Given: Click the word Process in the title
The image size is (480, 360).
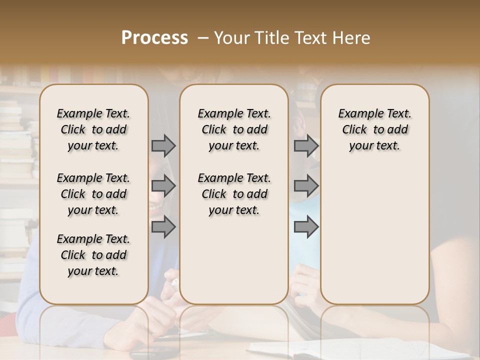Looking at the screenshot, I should coord(154,38).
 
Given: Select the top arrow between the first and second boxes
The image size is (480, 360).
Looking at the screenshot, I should coord(163,146).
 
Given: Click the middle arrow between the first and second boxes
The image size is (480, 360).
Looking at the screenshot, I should coord(163,186).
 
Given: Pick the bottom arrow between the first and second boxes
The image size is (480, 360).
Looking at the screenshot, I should coord(163,227).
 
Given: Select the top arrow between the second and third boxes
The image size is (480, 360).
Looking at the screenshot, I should coord(306,146).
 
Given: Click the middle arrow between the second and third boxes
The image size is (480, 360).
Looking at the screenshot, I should coord(306,186).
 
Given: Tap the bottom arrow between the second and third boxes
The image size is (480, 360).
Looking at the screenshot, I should coord(306,227).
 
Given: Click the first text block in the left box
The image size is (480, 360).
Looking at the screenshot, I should coord(93,129).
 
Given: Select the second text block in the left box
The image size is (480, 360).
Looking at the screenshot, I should coord(93,194).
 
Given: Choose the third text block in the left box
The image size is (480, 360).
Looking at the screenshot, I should coord(93,255).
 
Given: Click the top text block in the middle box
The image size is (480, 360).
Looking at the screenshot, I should coord(234,129).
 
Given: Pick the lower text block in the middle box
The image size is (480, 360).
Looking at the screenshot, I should coord(234,194).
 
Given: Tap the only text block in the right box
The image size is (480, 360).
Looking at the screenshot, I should coord(374,129).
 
